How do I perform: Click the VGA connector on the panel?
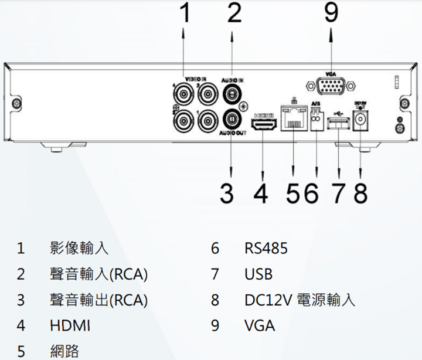pos(331,89)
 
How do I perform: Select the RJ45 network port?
pos(293,118)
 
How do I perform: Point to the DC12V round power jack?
pos(360,122)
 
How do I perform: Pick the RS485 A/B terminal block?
pos(316,121)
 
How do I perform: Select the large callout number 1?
pos(185,14)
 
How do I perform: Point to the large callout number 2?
pos(234,14)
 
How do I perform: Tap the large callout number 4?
pos(261,193)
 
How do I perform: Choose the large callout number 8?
pos(359,193)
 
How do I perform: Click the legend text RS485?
pos(266,249)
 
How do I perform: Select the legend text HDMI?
pos(70,325)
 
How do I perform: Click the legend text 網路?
pos(64,351)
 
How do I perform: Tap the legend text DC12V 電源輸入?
pos(300,300)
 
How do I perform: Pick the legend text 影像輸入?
pos(79,249)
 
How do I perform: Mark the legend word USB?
pos(258,274)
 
